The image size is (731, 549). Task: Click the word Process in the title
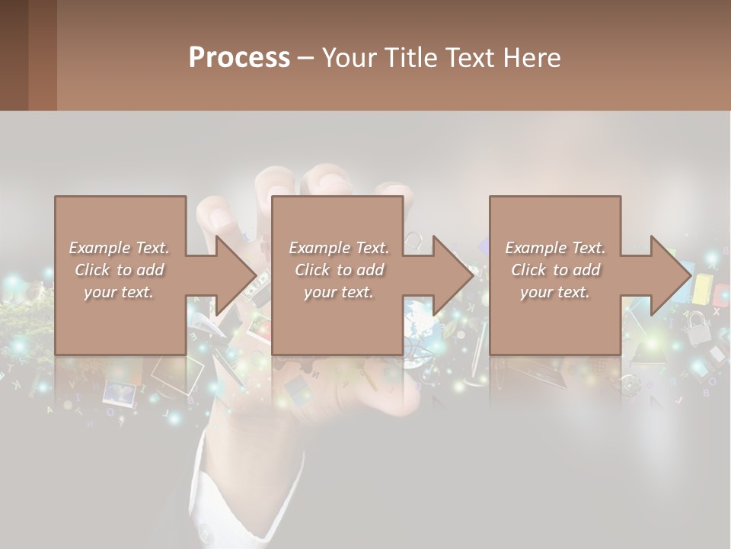239,58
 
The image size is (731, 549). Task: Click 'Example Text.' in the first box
119,248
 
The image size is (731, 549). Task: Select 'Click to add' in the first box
119,270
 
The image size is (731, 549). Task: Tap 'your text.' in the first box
119,292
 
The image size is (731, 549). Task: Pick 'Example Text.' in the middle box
339,248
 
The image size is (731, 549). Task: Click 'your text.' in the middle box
339,292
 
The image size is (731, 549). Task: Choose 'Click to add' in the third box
556,270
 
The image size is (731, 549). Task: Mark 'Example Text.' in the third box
556,248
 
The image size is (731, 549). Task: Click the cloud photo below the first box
119,393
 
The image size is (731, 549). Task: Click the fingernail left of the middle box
220,220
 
